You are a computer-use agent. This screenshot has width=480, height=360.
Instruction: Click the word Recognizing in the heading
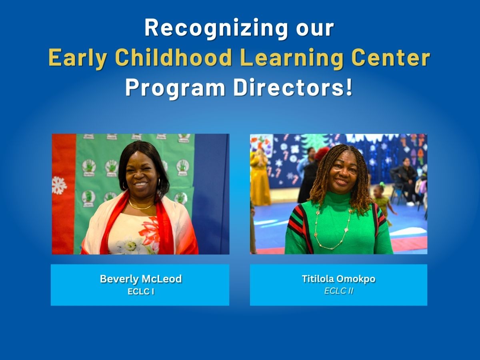click(x=216, y=29)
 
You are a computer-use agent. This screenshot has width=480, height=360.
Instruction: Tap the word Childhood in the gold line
click(x=174, y=58)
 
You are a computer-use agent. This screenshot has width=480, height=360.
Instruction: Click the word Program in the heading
click(x=175, y=88)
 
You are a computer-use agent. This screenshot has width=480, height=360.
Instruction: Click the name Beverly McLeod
click(x=141, y=279)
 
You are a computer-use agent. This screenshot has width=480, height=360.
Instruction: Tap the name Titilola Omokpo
click(x=338, y=279)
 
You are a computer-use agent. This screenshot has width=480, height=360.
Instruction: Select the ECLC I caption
click(x=141, y=292)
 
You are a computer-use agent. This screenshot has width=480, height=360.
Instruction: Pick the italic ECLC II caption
click(x=338, y=291)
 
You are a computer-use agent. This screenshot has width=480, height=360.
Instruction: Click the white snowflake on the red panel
click(x=59, y=185)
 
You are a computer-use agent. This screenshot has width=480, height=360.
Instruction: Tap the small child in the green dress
click(x=383, y=202)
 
